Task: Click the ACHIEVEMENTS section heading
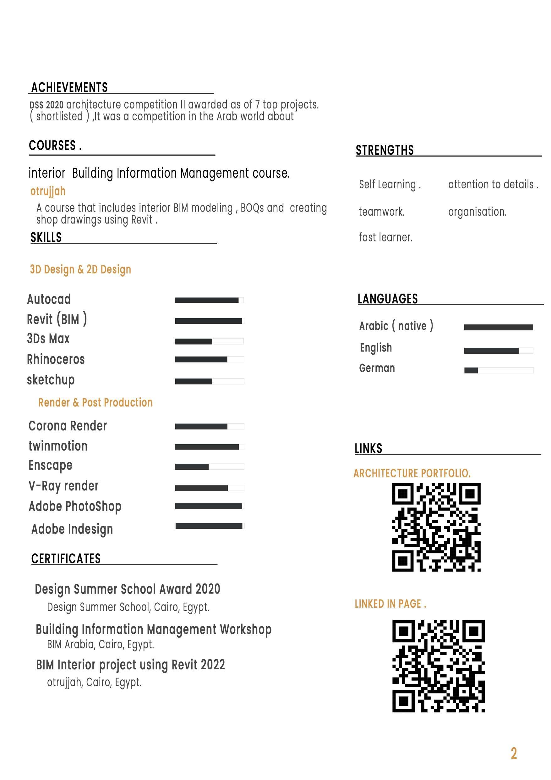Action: (x=69, y=87)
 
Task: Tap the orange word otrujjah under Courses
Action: (x=48, y=191)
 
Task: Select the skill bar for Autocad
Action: (x=209, y=300)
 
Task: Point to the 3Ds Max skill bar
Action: (x=209, y=341)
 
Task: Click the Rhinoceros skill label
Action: (x=56, y=359)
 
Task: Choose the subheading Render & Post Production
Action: (x=95, y=402)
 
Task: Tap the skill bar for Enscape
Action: (x=209, y=467)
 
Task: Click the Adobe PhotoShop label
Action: (x=75, y=506)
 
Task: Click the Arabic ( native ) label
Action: (x=396, y=326)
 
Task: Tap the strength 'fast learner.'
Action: (x=386, y=237)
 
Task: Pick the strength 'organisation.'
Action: (x=477, y=212)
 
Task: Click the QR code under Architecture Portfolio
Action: (x=436, y=527)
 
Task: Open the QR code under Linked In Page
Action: (x=438, y=666)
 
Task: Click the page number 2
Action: (x=514, y=754)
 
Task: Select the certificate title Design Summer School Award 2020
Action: (x=128, y=589)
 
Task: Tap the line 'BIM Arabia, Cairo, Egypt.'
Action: (x=101, y=644)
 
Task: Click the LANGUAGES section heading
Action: (x=387, y=299)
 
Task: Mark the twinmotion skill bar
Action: (x=209, y=447)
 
